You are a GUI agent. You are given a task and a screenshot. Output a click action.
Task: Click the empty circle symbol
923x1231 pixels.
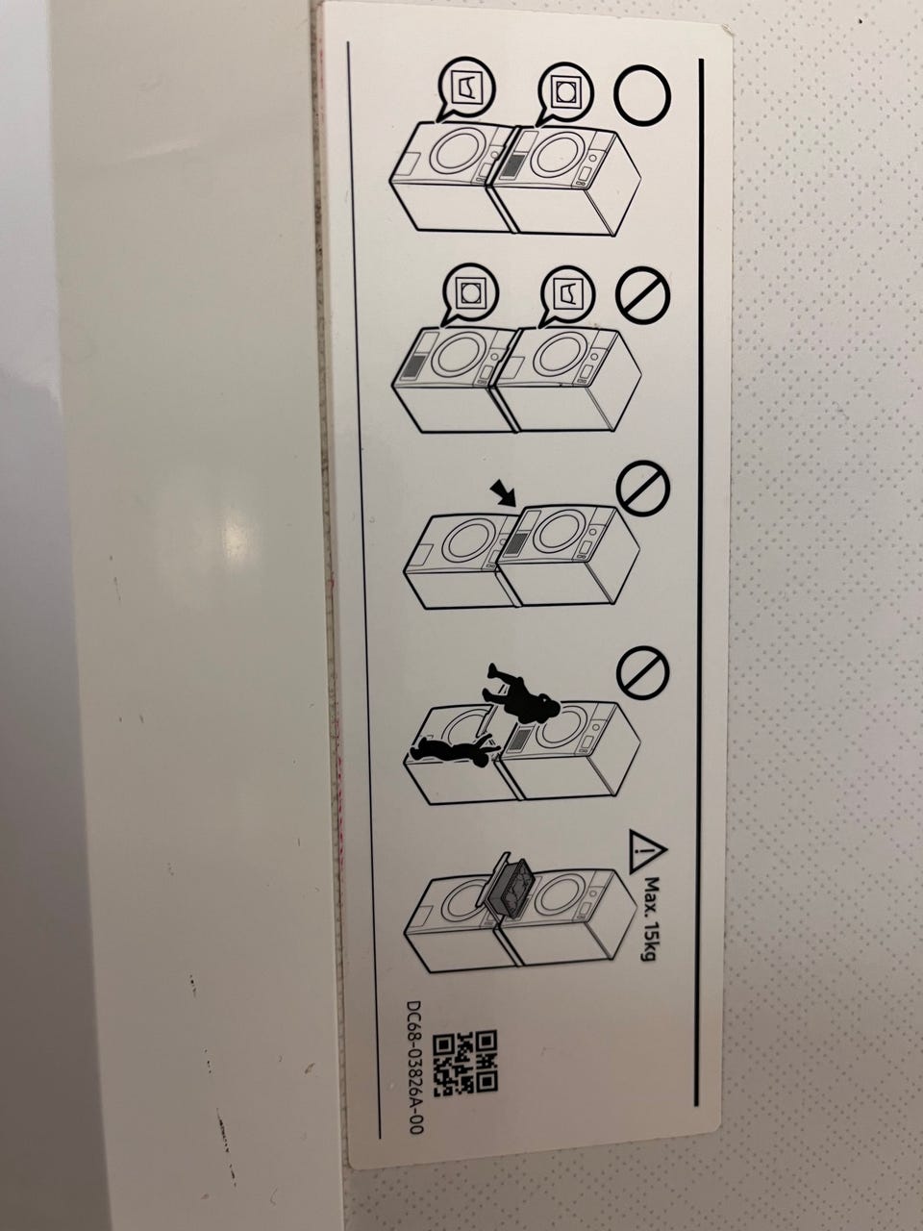tap(643, 94)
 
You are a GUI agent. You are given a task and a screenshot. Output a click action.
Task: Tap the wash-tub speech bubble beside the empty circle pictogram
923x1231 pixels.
tap(467, 88)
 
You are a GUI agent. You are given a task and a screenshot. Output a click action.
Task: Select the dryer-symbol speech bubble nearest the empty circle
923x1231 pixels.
tap(564, 92)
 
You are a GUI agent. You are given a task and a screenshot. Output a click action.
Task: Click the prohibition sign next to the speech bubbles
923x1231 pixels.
tap(643, 297)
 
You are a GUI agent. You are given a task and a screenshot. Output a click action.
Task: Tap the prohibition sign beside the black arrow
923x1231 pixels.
tap(643, 488)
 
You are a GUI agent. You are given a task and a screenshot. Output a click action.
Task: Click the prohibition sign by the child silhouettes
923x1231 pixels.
tap(643, 672)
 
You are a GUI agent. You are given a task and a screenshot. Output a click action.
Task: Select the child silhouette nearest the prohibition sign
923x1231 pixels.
tap(521, 693)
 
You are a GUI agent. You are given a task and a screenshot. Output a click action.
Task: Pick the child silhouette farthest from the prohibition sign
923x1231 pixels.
tap(453, 750)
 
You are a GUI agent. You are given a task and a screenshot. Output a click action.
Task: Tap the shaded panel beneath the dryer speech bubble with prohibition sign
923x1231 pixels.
tap(414, 364)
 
